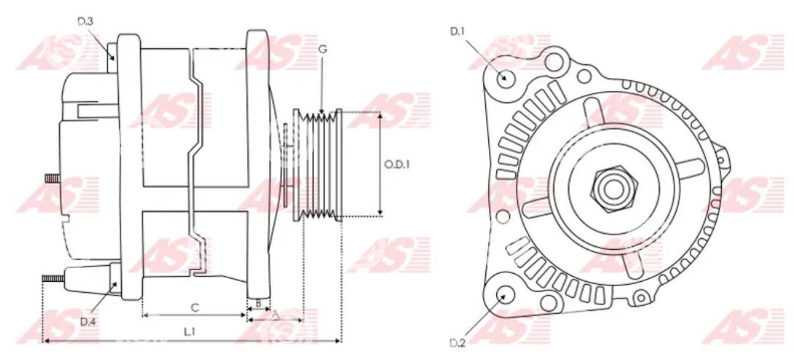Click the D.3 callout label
point(85,21)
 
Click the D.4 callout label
point(88,321)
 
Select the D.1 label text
point(458,31)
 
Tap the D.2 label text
point(458,342)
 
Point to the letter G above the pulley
point(323,49)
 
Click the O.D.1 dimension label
point(396,165)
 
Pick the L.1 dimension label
point(190,332)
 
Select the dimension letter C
point(194,307)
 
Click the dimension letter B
point(258,303)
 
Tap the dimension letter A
point(276,315)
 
